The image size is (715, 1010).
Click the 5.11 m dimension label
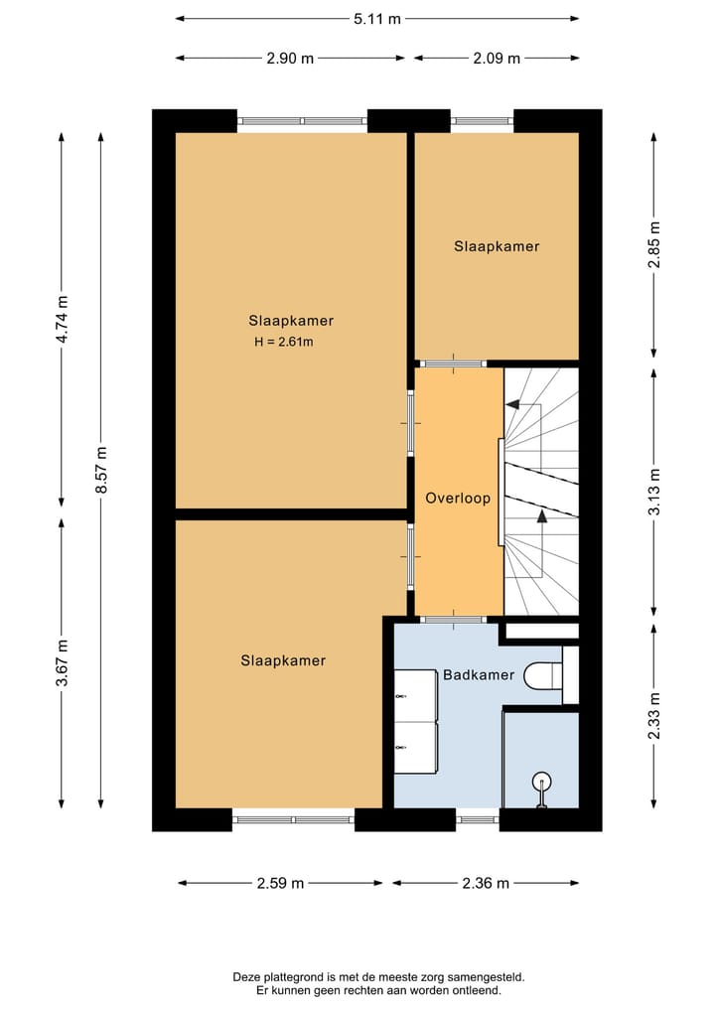[376, 19]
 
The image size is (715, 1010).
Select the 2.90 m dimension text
[290, 58]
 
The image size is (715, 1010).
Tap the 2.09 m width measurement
[497, 58]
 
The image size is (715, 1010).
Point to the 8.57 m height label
[101, 470]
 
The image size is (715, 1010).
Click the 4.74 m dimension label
[62, 320]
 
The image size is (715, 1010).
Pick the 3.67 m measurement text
[62, 662]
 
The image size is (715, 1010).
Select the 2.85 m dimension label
[654, 244]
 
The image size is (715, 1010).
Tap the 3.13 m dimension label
[654, 492]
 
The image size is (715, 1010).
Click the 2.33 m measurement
[654, 716]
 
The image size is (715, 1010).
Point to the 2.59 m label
[280, 883]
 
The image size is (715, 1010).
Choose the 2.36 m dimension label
[486, 883]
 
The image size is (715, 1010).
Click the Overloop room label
[458, 498]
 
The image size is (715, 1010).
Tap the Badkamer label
[479, 675]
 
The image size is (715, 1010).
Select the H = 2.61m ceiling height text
[284, 342]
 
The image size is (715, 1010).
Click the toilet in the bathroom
[543, 675]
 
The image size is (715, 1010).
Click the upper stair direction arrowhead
[512, 405]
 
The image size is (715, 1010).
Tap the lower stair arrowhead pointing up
[542, 515]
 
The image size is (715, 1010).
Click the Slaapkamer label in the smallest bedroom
[497, 246]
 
